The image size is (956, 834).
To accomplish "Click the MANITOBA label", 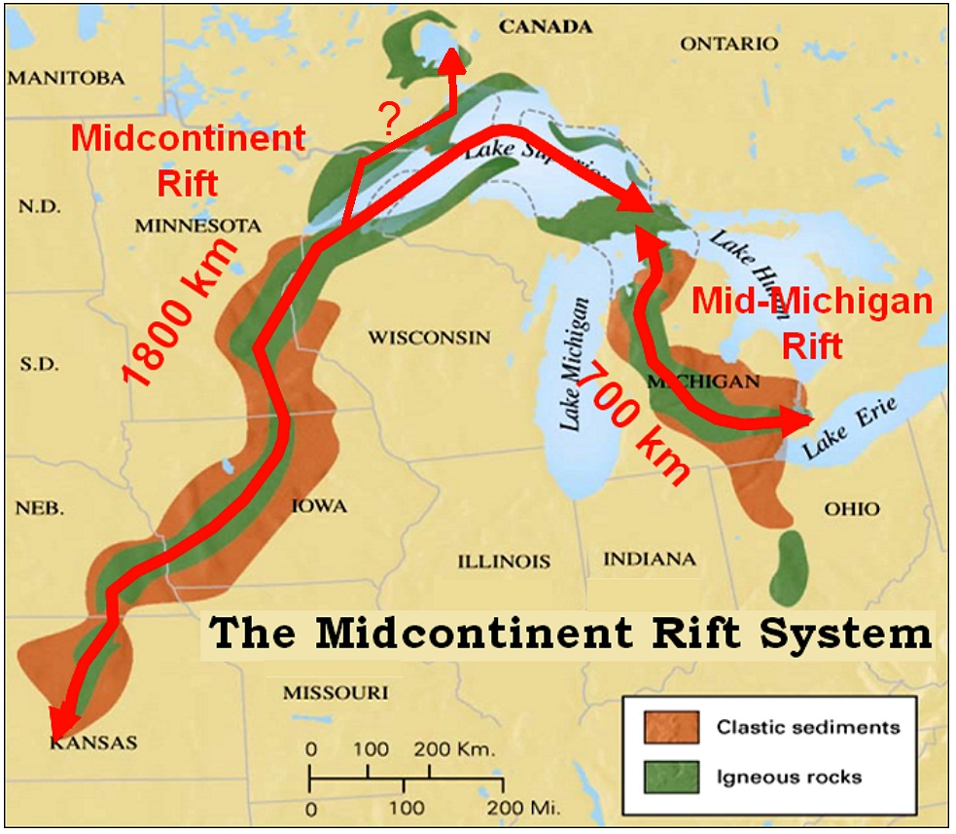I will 66,77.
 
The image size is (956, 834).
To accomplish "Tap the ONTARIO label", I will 729,45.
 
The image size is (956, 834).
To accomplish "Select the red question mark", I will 389,120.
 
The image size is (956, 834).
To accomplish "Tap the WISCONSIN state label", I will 429,338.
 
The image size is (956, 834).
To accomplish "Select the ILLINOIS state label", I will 505,562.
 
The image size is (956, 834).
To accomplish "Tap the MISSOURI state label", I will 336,693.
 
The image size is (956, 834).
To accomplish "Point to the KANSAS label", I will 93,743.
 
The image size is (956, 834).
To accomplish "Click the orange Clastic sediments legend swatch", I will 671,726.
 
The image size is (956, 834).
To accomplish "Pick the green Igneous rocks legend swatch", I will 671,776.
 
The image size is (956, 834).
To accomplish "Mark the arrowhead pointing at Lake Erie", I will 800,422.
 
